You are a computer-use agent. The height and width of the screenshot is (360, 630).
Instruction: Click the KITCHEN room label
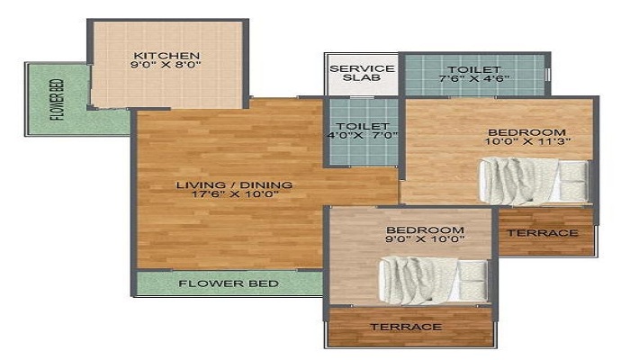point(166,56)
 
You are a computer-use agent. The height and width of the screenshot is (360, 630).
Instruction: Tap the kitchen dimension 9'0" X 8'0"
point(166,65)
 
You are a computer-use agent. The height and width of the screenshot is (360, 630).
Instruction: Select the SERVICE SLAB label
point(362,73)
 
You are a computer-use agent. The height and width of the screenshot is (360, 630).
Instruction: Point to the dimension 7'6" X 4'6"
point(474,78)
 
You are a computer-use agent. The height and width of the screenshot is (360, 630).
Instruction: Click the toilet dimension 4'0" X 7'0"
point(363,135)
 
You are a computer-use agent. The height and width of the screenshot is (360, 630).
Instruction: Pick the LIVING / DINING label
point(234,185)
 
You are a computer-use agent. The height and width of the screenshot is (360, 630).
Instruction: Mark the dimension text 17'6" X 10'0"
point(235,194)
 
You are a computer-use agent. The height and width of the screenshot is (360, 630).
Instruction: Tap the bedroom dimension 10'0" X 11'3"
point(528,141)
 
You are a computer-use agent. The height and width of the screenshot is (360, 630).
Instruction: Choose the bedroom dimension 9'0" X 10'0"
point(425,239)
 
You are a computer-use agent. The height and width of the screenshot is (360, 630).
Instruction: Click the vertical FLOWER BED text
point(57,100)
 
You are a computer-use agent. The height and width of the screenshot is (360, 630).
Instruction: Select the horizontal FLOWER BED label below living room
point(229,283)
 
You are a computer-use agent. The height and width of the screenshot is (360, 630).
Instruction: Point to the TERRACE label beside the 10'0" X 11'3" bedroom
point(543,233)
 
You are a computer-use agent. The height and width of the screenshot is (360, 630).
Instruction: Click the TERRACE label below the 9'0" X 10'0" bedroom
point(406,327)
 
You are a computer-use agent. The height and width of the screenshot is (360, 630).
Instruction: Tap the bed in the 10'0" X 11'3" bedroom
point(534,181)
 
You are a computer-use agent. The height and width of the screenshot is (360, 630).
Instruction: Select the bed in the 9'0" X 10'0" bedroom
point(435,280)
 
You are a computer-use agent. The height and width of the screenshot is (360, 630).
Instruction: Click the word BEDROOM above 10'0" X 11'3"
point(526,132)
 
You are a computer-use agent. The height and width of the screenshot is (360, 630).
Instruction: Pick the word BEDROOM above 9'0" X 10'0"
point(425,229)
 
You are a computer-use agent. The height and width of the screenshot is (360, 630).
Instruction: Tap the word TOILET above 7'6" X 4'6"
point(474,69)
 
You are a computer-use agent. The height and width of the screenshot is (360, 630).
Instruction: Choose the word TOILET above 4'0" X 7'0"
point(363,126)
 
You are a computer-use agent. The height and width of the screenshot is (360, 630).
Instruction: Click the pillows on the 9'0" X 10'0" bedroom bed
point(473,281)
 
